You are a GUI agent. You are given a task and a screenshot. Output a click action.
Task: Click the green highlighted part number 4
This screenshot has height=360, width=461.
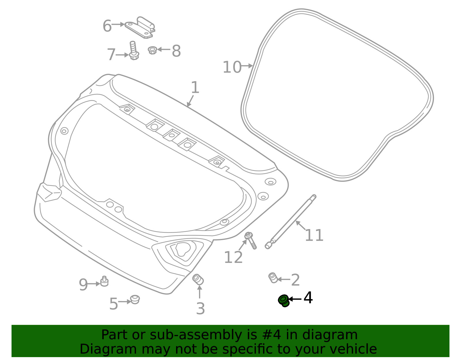tap(284, 301)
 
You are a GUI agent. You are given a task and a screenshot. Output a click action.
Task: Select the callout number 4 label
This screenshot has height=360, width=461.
tap(308, 298)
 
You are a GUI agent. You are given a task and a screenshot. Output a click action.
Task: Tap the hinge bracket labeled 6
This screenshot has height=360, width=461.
tap(140, 28)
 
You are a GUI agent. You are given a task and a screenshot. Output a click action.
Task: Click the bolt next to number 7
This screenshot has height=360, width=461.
tap(133, 50)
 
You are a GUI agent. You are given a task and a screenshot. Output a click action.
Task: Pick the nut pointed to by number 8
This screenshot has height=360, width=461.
tap(152, 50)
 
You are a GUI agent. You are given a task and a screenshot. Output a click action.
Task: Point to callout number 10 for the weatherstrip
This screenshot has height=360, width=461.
tap(232, 67)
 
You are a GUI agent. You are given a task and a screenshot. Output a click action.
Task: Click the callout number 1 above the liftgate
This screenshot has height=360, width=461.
tap(195, 87)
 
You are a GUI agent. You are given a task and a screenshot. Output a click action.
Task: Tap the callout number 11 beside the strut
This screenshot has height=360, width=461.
tap(314, 235)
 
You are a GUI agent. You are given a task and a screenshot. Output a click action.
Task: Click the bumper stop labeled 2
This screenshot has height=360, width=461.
tap(273, 278)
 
